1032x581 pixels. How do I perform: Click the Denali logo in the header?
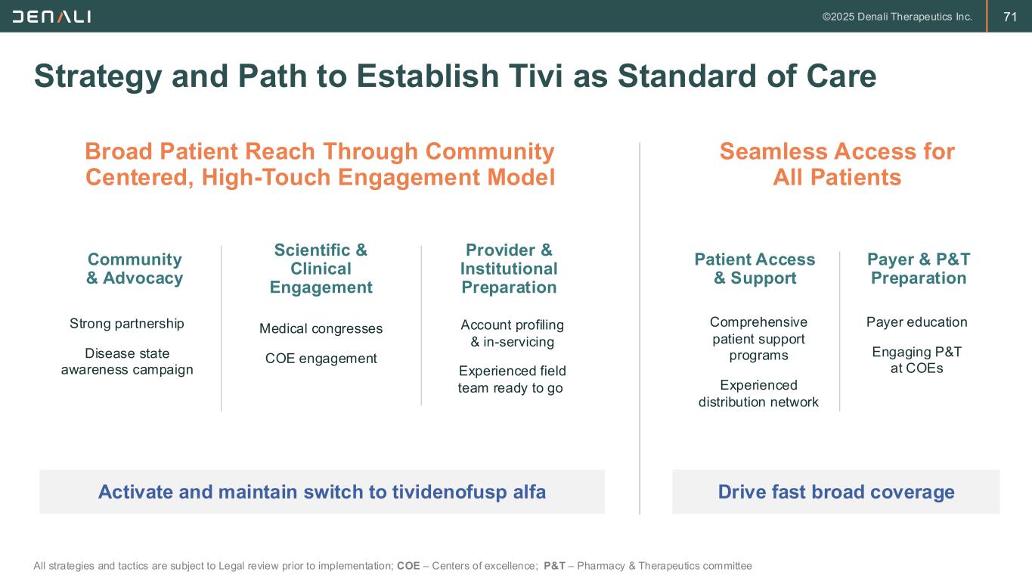point(51,16)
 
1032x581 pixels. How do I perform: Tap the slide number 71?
point(1010,17)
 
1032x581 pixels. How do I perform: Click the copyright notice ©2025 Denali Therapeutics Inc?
point(897,17)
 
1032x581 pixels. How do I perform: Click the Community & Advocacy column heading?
point(135,269)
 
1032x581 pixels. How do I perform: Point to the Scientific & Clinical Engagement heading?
point(321,269)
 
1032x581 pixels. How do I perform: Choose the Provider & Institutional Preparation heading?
point(509,269)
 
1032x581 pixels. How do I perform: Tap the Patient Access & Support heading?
point(755,269)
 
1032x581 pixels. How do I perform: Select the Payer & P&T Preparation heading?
point(919,269)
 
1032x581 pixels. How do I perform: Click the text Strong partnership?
point(127,324)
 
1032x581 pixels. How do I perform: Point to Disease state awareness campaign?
point(127,362)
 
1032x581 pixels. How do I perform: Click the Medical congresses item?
point(321,328)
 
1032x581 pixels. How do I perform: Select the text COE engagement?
point(321,359)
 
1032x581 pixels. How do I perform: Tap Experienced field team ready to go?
point(512,379)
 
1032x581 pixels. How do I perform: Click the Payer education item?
point(916,322)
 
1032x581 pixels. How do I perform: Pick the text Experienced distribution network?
point(758,393)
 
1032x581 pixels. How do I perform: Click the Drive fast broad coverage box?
point(835,492)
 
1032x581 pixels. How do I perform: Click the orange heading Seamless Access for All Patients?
point(837,164)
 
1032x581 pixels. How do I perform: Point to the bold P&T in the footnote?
point(554,566)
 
